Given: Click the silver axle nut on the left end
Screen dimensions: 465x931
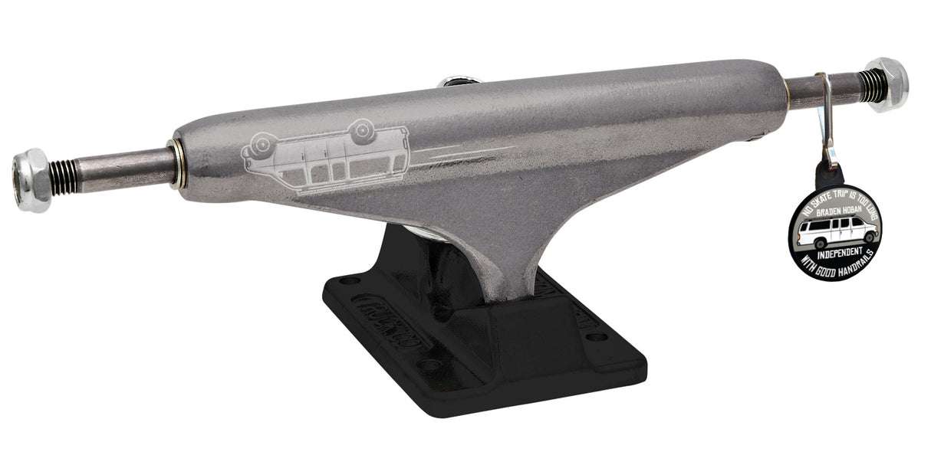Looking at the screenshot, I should (x=31, y=179).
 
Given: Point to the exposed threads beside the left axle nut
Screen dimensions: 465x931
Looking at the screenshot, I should (x=64, y=176).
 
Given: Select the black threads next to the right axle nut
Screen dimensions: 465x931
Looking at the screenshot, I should (x=872, y=87).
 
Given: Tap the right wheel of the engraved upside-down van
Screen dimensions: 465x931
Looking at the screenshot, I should (x=360, y=131).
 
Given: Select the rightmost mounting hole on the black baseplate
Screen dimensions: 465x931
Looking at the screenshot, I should (x=597, y=336).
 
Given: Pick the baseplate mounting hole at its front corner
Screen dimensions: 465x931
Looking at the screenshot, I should (x=430, y=366).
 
